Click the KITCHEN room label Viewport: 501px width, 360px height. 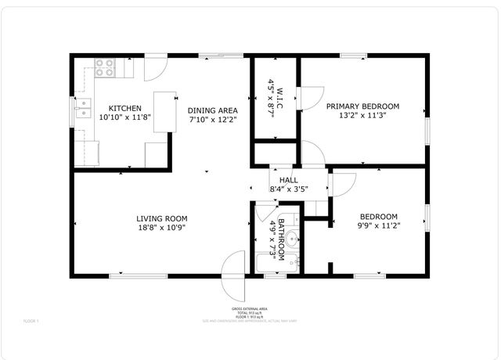click(x=124, y=108)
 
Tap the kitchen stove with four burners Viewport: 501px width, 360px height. click(x=105, y=70)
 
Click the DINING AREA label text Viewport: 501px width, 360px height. click(x=212, y=110)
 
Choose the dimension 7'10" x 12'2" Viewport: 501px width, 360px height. click(x=212, y=121)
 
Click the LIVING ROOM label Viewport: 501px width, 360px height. click(x=161, y=218)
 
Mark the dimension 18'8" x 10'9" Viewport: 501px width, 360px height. click(x=161, y=228)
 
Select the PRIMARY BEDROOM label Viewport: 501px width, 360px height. click(x=362, y=106)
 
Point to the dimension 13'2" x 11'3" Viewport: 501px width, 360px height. click(x=362, y=116)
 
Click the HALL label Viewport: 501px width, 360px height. click(x=288, y=180)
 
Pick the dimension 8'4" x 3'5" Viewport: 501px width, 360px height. click(x=288, y=189)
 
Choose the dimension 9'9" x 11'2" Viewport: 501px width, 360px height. click(x=379, y=227)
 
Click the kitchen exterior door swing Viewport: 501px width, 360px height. click(x=154, y=67)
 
